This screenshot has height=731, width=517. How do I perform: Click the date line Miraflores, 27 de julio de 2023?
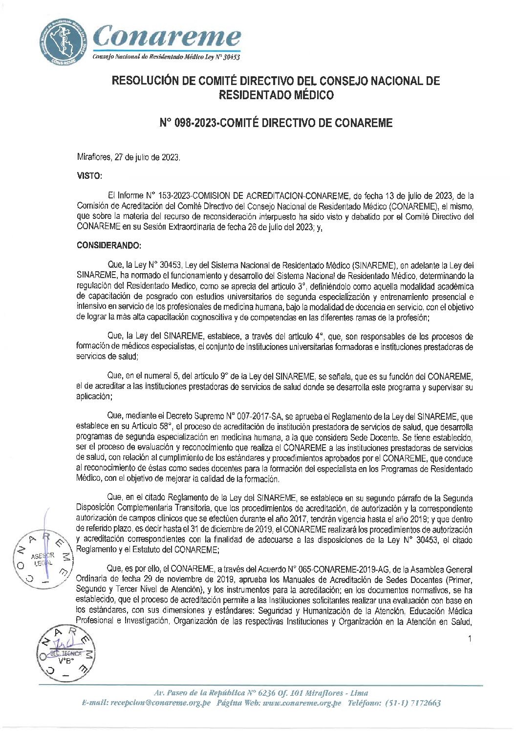pos(129,158)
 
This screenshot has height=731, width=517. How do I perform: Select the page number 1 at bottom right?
pos(469,639)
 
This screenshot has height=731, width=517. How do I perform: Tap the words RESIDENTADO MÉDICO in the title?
pos(276,95)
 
